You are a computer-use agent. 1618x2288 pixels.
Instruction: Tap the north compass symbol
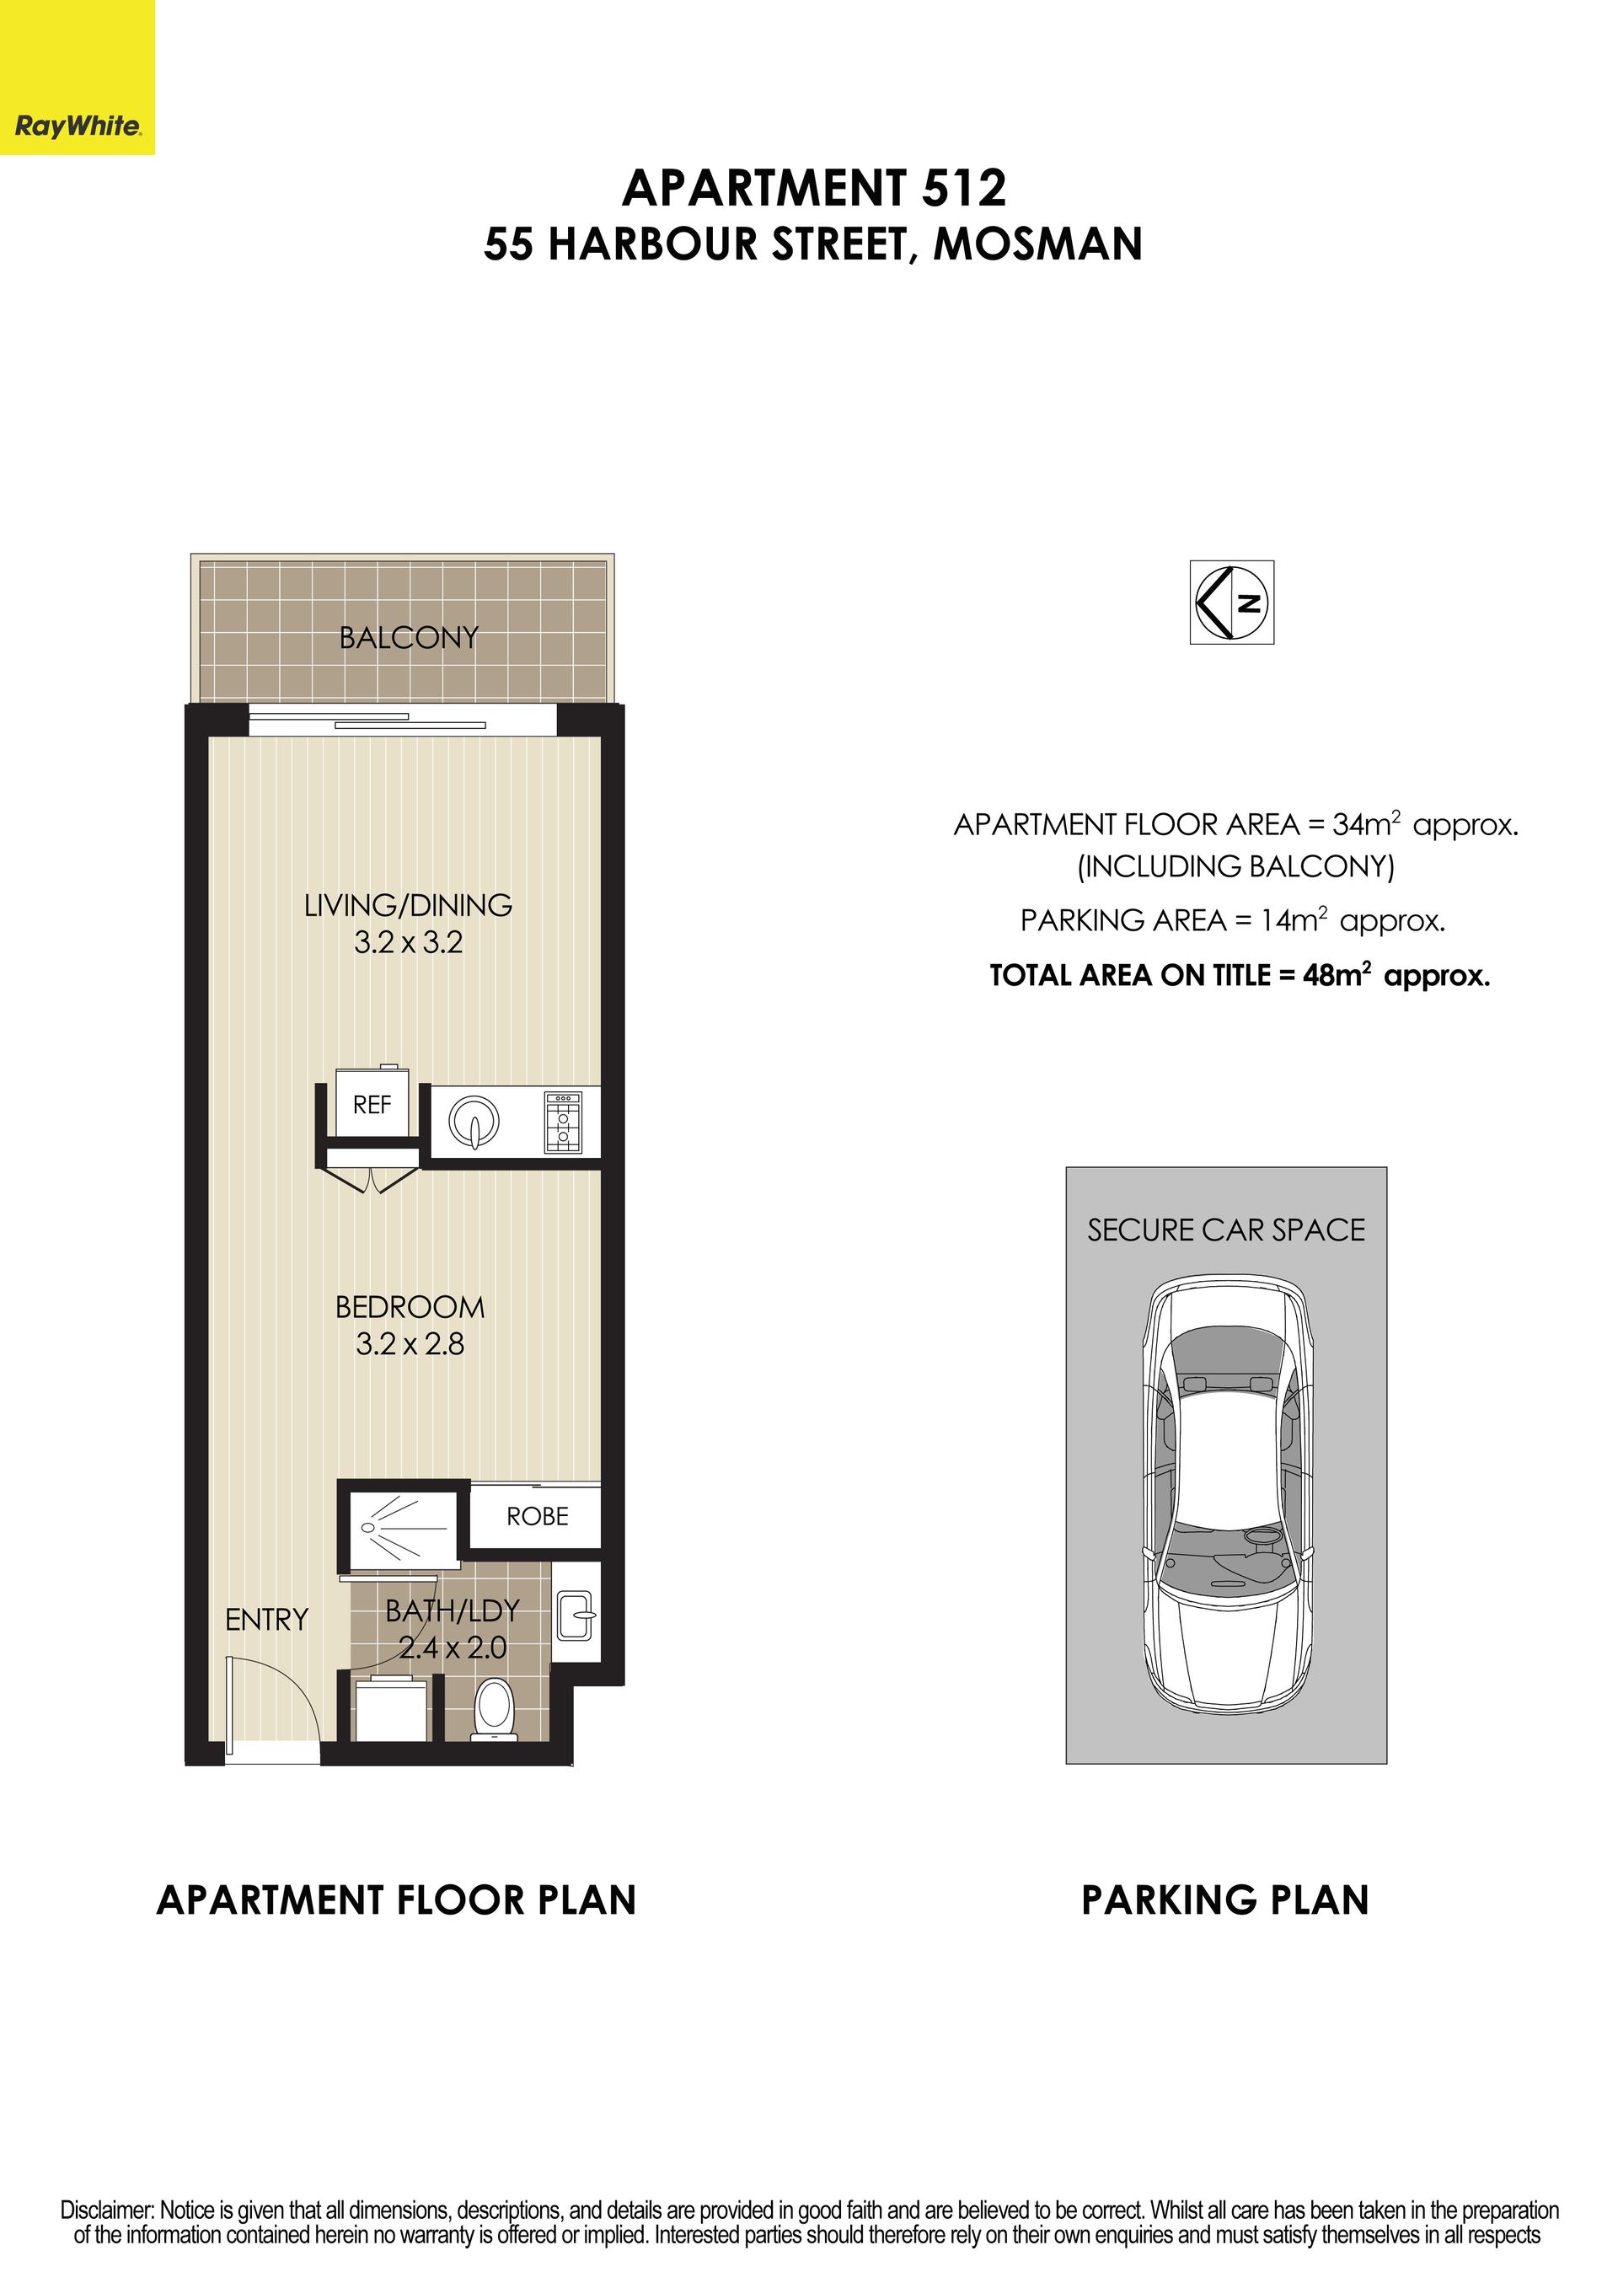[1232, 602]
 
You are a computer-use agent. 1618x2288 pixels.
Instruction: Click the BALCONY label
[409, 638]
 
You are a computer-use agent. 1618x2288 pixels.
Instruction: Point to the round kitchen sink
[474, 1122]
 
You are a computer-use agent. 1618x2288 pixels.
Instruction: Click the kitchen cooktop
[563, 1122]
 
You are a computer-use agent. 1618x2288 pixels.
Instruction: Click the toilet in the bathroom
[496, 1709]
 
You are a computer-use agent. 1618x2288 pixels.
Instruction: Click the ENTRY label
[266, 1621]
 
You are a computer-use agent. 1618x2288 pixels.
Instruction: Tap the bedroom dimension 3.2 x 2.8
[410, 1344]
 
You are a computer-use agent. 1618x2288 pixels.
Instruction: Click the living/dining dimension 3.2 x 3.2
[409, 941]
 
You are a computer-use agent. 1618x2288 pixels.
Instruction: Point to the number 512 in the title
[963, 188]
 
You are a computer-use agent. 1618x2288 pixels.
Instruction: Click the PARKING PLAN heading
[1225, 1900]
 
